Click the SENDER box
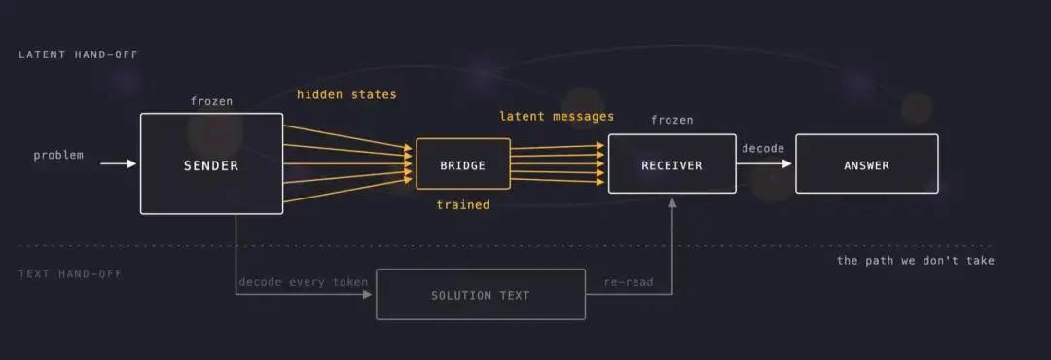pos(211,163)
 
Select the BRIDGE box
pos(462,163)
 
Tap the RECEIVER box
pos(671,163)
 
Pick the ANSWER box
pos(867,163)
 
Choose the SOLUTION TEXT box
pos(480,294)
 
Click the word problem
pos(59,155)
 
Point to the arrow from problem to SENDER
pos(119,163)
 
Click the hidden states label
pos(346,94)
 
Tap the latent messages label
pos(557,116)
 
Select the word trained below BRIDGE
pos(462,204)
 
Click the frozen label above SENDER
pos(211,101)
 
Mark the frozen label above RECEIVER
pos(671,120)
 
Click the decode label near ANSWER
pos(763,148)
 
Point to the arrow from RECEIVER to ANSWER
pos(764,163)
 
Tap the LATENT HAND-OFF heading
pos(79,54)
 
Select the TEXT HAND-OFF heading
pos(70,273)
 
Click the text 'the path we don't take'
pos(915,260)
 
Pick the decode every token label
pos(303,281)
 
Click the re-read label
pos(628,281)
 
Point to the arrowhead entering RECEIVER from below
pos(672,202)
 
